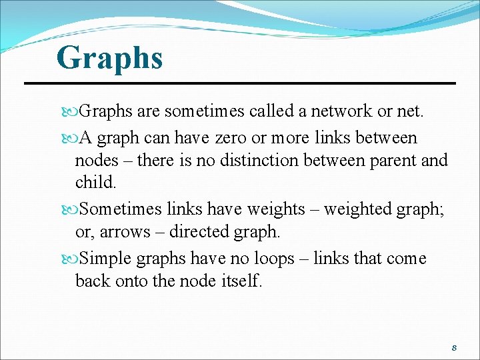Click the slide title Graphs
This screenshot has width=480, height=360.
click(x=109, y=57)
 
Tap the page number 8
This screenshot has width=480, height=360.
click(x=454, y=348)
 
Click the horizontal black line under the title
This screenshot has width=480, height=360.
click(x=240, y=83)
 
